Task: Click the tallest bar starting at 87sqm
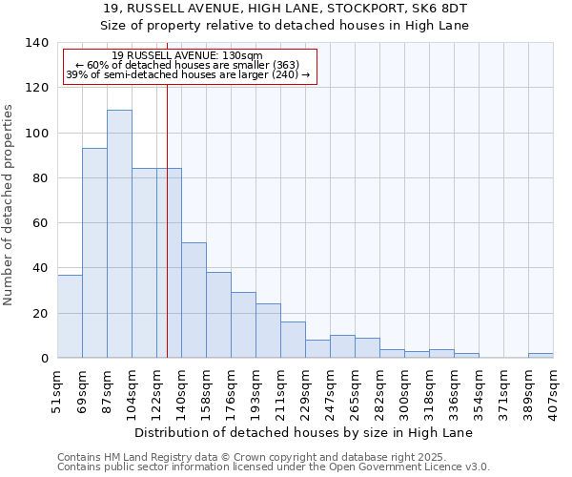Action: point(119,234)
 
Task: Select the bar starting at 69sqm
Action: point(94,253)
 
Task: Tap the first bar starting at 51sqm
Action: point(70,316)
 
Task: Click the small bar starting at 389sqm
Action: point(540,356)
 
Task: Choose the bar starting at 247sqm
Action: point(342,346)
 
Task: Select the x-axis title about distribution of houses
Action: point(304,432)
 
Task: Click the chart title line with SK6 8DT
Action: point(286,9)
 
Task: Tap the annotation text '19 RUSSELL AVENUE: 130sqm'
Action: point(187,55)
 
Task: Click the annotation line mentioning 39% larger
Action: point(188,74)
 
